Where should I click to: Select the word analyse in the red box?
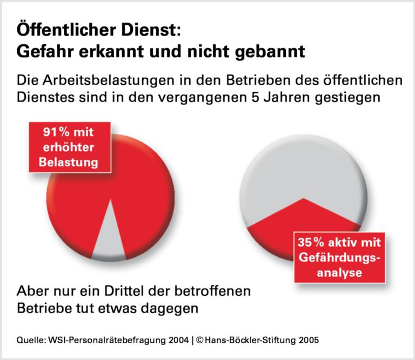(x=340, y=273)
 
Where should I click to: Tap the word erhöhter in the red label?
(x=68, y=146)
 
